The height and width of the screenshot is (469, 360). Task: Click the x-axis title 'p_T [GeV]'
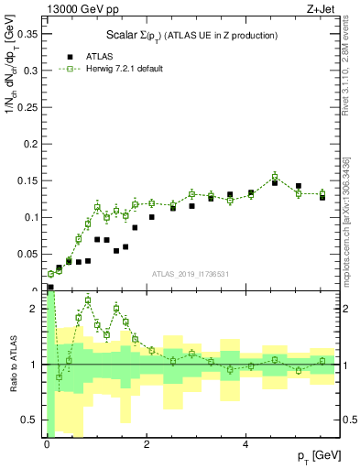317,455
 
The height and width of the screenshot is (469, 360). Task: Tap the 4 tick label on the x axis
245,445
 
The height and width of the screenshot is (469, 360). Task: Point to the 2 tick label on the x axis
147,445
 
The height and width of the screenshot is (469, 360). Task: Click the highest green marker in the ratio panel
88,300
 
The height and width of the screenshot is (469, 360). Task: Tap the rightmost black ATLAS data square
322,197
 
